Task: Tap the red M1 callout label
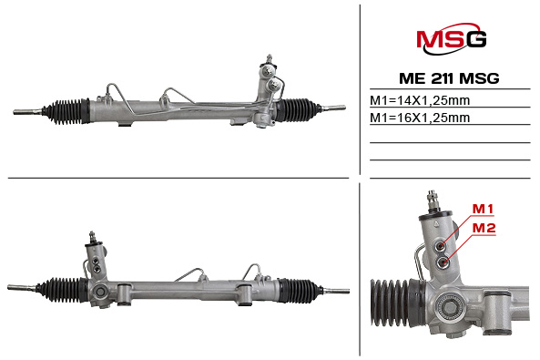pos(483,209)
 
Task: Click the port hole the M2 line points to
pos(443,262)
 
